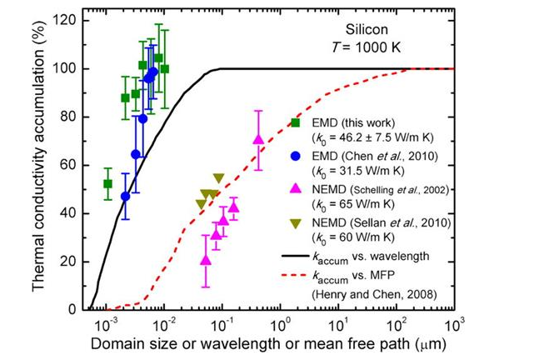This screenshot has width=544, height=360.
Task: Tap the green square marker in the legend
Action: [296, 123]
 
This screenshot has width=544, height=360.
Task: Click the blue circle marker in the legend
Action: [296, 155]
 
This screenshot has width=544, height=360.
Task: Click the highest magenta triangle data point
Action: [258, 139]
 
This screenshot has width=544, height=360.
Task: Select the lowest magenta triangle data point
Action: [206, 260]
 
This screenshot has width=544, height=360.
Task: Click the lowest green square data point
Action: [107, 183]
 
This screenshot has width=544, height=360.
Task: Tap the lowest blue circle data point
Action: [126, 197]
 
